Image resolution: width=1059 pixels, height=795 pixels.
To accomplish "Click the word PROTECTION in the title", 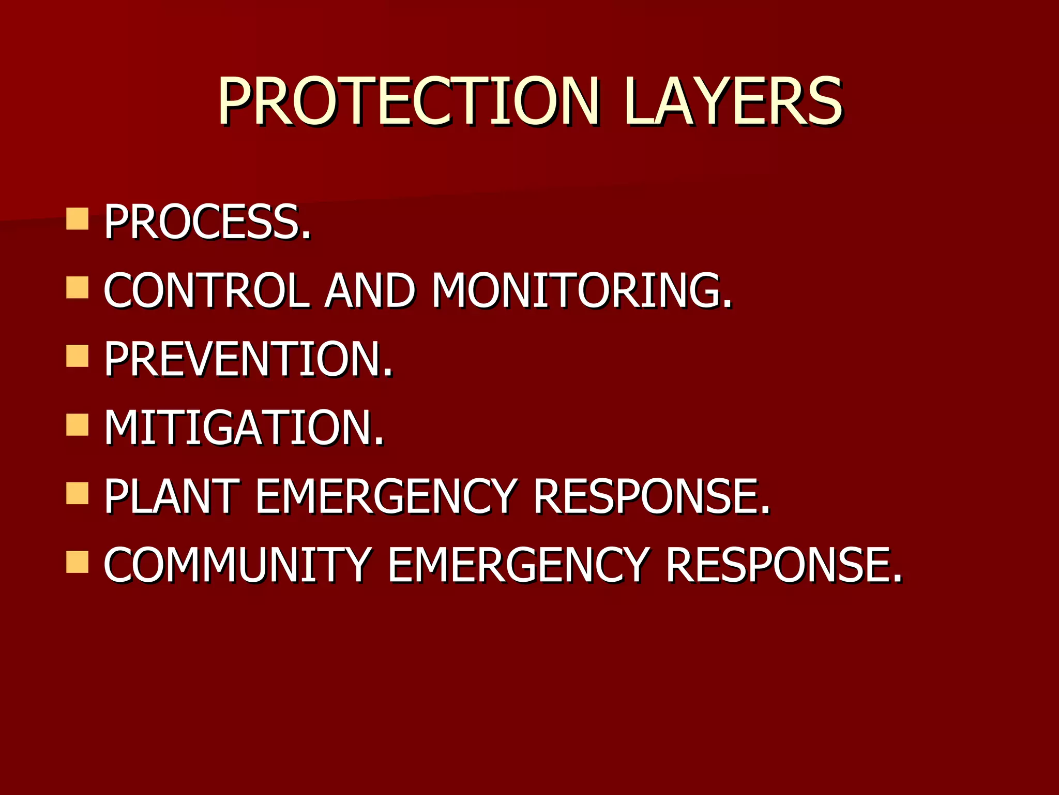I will pyautogui.click(x=409, y=101).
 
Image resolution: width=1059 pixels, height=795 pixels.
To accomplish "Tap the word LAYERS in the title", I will pyautogui.click(x=733, y=101).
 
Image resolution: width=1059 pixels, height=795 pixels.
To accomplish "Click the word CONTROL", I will pyautogui.click(x=207, y=290).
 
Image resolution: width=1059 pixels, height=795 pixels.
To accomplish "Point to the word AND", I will pyautogui.click(x=370, y=290).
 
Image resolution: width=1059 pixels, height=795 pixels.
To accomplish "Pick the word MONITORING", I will pyautogui.click(x=581, y=290).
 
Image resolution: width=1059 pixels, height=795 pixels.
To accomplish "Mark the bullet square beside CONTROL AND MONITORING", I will pyautogui.click(x=78, y=287).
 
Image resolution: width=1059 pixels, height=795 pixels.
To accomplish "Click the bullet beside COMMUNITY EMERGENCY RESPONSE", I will pyautogui.click(x=78, y=562).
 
